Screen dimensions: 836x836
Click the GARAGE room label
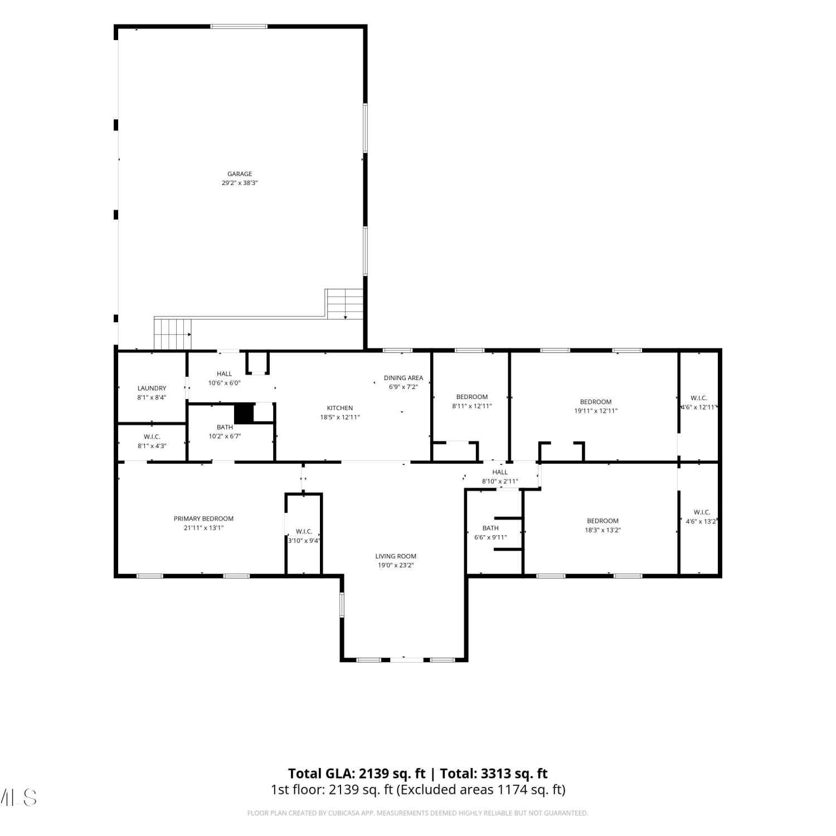240,174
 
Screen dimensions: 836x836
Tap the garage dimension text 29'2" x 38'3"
240,183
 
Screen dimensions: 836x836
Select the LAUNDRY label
152,388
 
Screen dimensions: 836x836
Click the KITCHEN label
340,408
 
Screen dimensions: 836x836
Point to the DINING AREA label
404,378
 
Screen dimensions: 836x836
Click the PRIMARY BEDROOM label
203,519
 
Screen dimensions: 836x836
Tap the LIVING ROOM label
396,556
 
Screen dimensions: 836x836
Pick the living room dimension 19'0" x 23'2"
396,565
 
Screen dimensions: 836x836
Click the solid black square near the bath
244,413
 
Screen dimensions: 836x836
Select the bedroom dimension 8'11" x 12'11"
472,406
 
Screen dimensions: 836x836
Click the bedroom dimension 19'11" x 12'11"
596,411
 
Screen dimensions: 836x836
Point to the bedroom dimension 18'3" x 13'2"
602,530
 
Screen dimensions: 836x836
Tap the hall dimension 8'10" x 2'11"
500,481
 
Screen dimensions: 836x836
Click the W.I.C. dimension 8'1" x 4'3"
152,446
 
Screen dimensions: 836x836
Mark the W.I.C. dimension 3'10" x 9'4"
304,541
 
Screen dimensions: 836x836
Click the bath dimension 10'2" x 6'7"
225,436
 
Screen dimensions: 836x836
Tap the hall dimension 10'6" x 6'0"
224,383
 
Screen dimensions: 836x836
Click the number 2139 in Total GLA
373,774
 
